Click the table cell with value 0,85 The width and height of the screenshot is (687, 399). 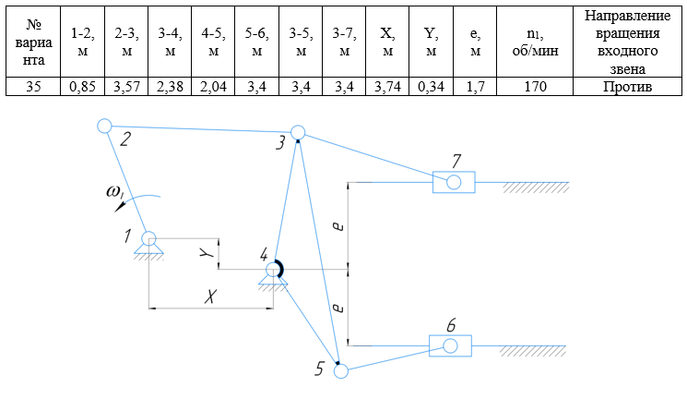tap(81, 88)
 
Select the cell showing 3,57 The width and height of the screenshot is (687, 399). tap(125, 88)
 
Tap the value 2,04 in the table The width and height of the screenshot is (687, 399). tap(213, 88)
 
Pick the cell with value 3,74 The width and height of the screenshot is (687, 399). tap(387, 88)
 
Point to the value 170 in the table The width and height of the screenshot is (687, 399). tap(534, 88)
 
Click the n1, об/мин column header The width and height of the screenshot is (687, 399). tap(534, 42)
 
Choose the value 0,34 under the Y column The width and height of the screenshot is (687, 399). tap(431, 88)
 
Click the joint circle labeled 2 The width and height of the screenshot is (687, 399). tap(104, 126)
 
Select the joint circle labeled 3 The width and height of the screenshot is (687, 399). tap(298, 133)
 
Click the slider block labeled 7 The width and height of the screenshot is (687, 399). tap(454, 182)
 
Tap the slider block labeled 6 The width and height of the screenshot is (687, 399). tap(450, 346)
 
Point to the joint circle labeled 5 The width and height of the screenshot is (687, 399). tap(341, 372)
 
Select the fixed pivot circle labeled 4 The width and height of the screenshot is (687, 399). tap(273, 270)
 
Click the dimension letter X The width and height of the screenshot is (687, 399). tap(212, 297)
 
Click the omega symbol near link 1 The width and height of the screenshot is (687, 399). tap(114, 192)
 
